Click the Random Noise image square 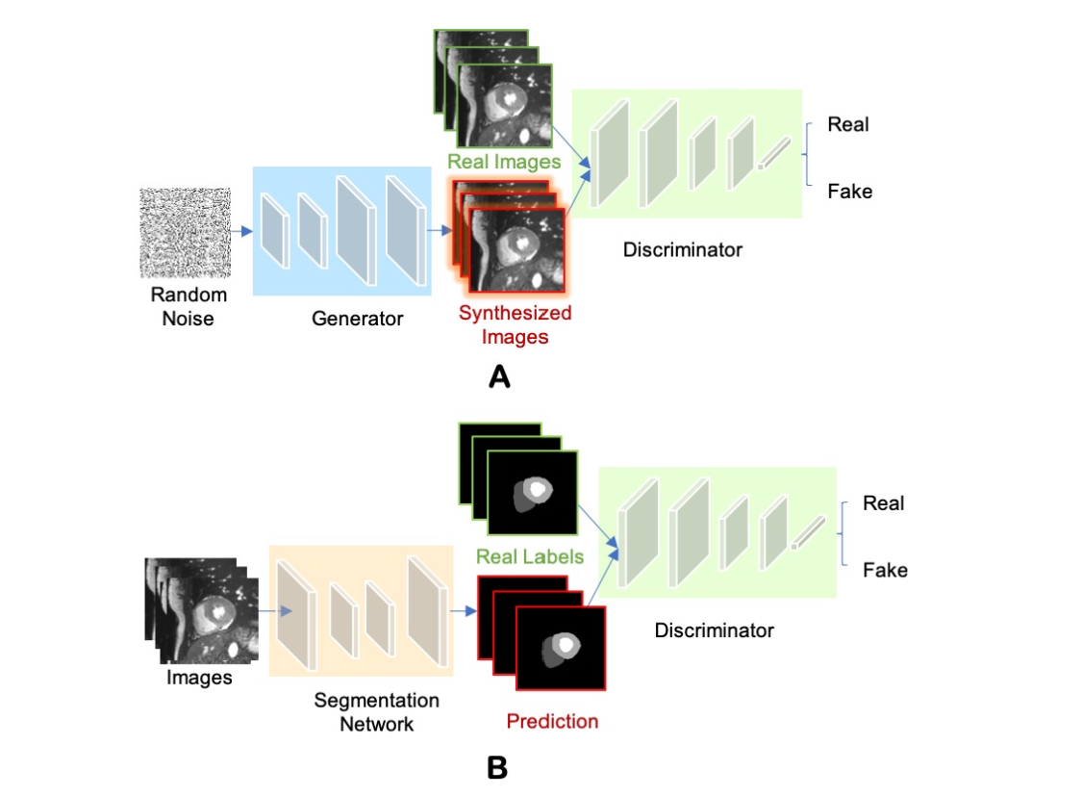186,233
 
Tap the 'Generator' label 357,318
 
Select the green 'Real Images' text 504,162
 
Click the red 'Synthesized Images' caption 515,324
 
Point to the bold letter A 499,376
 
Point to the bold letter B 496,767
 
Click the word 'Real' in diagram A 848,124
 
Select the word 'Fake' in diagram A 849,192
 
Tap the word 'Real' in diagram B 883,502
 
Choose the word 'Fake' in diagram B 885,570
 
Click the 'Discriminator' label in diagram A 682,250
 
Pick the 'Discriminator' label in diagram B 714,630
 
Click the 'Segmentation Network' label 376,711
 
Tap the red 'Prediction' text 552,721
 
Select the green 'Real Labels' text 529,556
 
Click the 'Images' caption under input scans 199,678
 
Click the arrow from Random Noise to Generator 241,231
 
